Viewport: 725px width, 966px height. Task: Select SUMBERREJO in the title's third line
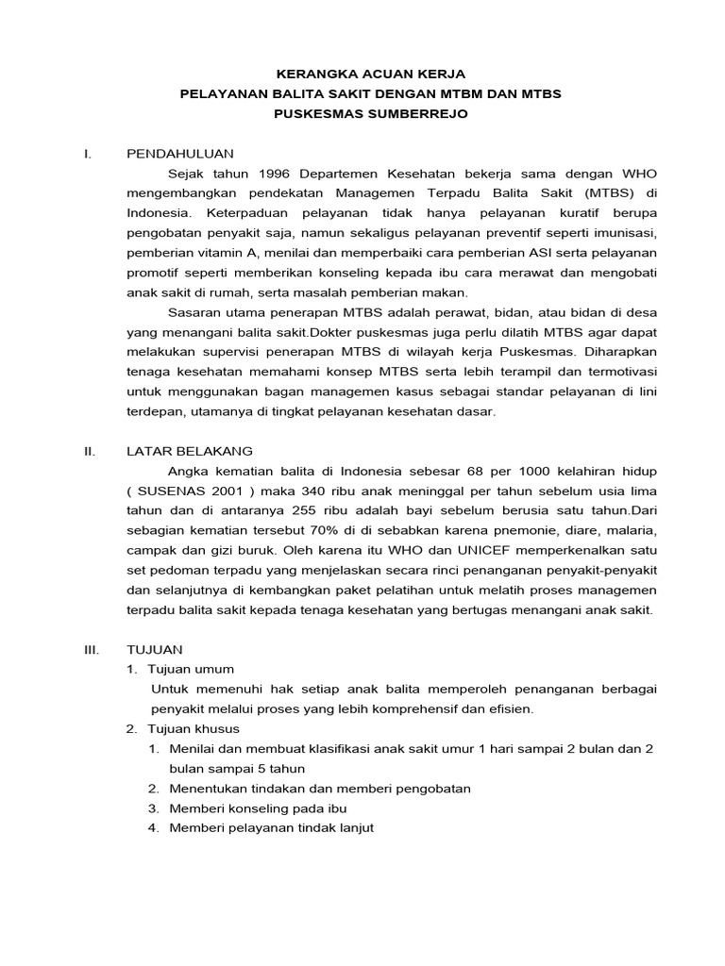422,113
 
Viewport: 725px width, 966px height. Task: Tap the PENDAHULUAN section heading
180,154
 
